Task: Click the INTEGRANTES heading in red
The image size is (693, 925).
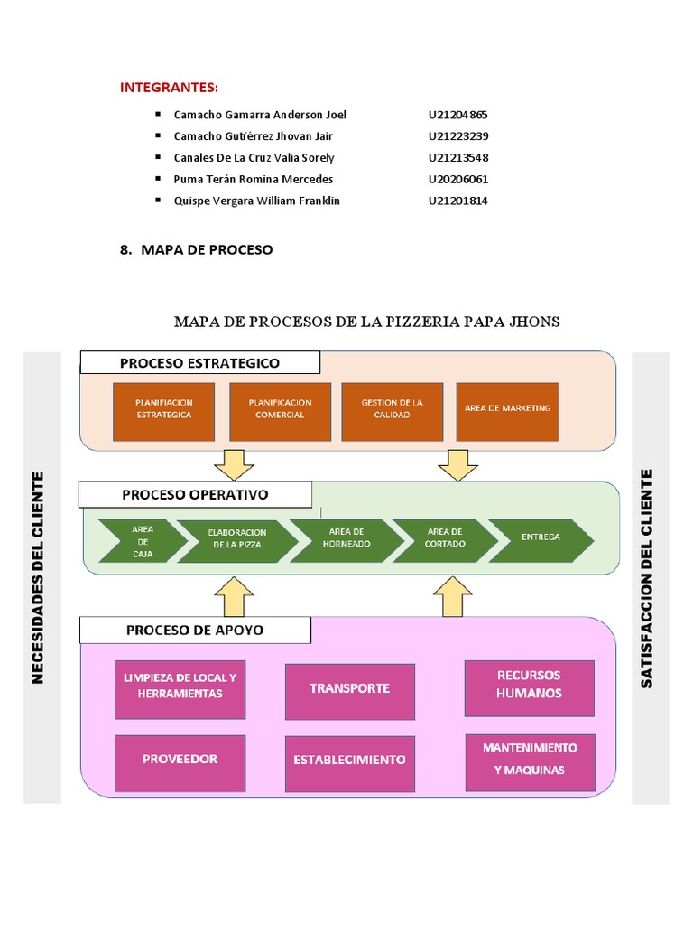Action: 170,87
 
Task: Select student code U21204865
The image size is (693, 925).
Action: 457,115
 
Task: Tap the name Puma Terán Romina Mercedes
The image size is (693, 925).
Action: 253,179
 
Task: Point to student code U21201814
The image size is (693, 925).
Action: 457,201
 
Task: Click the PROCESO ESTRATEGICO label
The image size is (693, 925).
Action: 199,363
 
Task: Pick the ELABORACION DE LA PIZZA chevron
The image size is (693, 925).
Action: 235,539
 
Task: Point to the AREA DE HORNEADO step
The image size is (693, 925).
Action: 346,538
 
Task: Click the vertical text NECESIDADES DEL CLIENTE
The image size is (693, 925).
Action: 38,576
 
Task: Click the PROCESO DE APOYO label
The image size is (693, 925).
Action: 195,630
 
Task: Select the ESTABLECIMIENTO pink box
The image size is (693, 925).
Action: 350,761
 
